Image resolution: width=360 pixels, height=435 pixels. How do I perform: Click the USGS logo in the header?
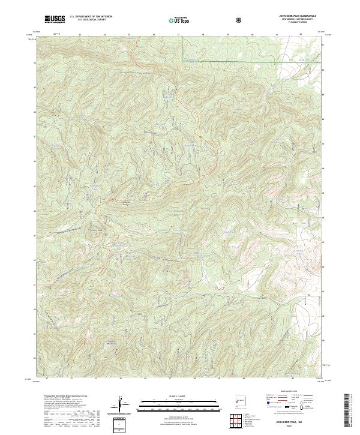[x=55, y=19]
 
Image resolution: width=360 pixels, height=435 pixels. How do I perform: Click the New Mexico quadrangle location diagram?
[x=241, y=401]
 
